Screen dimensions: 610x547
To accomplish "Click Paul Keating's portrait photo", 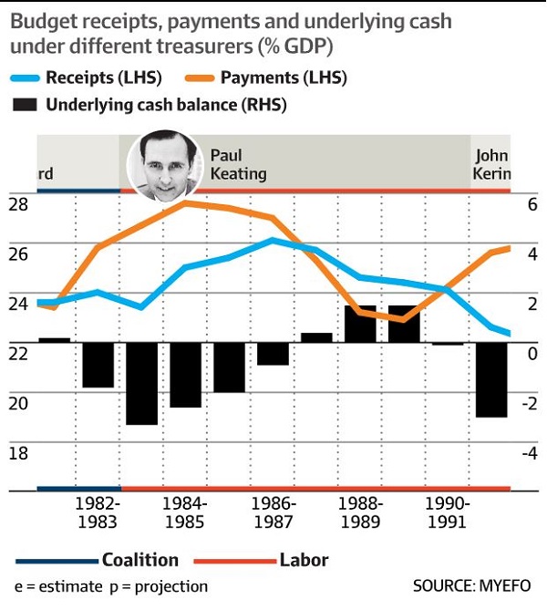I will click(x=164, y=165).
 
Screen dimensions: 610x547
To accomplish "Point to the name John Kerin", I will click(x=491, y=164).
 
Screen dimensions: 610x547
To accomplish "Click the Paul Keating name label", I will click(x=239, y=164).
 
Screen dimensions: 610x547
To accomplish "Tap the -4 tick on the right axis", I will click(x=529, y=453).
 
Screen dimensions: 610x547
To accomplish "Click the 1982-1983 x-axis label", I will click(x=98, y=512).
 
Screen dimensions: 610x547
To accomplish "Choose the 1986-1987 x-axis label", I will click(x=273, y=512).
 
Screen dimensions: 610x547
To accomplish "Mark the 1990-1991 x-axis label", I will click(x=448, y=512).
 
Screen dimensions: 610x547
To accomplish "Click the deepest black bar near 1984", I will click(x=142, y=383).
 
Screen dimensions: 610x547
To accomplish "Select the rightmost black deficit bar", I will click(x=491, y=379).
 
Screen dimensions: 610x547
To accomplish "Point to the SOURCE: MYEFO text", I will click(x=472, y=585).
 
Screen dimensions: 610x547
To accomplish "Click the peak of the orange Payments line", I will click(x=185, y=202).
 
